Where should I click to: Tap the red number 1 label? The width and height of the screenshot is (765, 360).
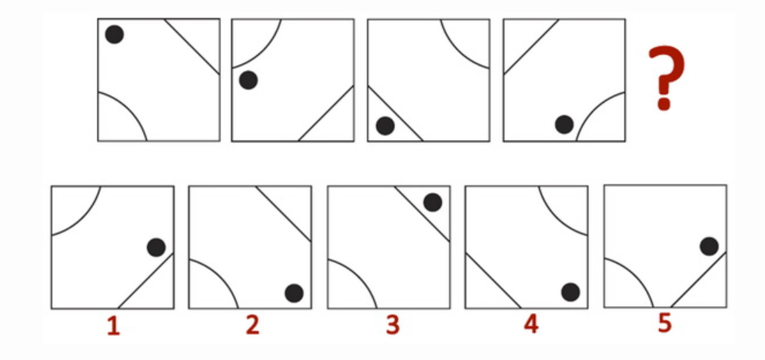113,326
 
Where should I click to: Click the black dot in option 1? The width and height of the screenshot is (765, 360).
156,248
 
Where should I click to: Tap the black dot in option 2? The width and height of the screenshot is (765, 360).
294,293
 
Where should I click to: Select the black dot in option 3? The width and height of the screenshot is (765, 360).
433,202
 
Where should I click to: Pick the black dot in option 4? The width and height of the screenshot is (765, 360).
570,292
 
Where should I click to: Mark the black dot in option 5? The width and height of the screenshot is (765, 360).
709,246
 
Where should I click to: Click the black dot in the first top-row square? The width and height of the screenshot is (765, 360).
115,35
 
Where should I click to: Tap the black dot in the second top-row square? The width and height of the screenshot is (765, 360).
248,80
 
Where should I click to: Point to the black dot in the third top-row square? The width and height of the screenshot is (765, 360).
385,126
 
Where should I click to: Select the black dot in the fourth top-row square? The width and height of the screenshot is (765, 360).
564,125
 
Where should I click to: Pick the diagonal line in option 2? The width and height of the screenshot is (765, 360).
284,214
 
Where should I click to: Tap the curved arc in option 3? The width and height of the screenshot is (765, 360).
362,273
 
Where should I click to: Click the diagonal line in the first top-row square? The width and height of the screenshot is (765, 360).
191,46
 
